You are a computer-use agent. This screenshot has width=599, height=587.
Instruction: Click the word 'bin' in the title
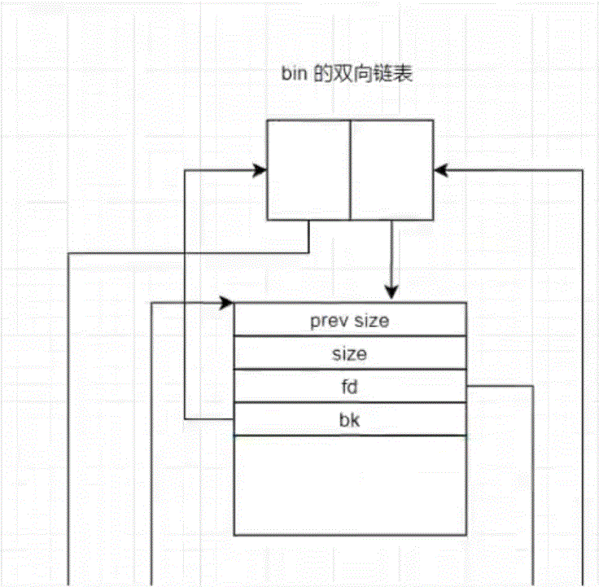[x=290, y=76]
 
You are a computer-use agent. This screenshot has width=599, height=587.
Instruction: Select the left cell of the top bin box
[x=309, y=169]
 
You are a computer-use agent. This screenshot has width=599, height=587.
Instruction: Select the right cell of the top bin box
[x=391, y=169]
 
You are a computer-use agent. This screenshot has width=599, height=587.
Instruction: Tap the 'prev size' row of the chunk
[x=350, y=320]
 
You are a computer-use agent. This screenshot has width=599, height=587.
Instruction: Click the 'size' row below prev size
[x=350, y=354]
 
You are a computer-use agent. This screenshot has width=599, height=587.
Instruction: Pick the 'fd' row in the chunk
[x=350, y=387]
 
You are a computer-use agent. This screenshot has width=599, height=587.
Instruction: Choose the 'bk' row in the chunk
[x=350, y=419]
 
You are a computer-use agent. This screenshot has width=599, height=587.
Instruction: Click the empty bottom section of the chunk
[x=350, y=484]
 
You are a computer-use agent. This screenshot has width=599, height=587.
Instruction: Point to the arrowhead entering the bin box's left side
[x=261, y=170]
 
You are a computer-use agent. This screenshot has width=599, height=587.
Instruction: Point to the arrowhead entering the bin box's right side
[x=440, y=170]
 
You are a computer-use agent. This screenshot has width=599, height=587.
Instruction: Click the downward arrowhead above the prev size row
[x=391, y=292]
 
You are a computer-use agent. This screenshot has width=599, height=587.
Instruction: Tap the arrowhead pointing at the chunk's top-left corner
[x=227, y=304]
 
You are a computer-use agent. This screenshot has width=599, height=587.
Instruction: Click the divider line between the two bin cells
[x=350, y=169]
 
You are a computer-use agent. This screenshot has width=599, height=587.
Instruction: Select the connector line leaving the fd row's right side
[x=501, y=387]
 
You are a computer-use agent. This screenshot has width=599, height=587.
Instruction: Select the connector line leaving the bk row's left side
[x=208, y=419]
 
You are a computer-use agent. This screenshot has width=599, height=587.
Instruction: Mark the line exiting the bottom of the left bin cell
[x=308, y=236]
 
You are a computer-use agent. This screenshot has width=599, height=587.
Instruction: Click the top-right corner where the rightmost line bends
[x=584, y=170]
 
